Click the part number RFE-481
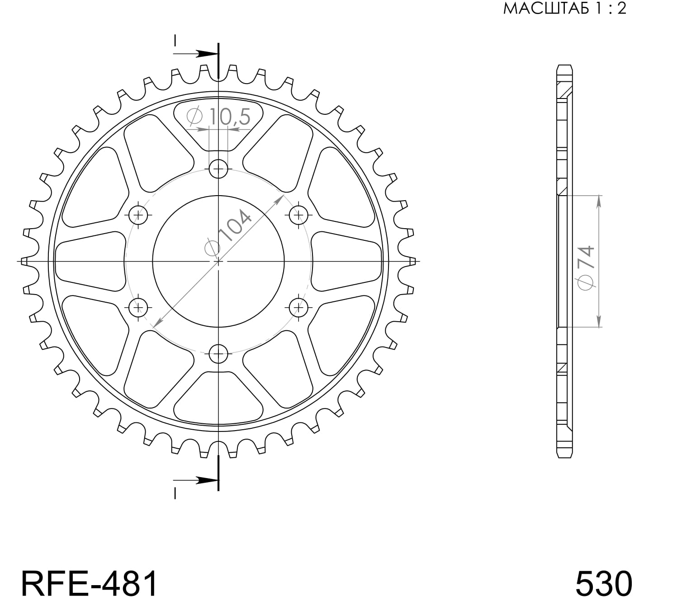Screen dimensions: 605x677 point(90,583)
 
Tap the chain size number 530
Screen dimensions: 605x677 point(603,583)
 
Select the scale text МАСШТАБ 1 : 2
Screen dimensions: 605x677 point(565,9)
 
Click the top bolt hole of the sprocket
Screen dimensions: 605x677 point(218,169)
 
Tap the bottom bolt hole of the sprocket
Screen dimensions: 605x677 point(218,353)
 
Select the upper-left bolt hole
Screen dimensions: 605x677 point(138,215)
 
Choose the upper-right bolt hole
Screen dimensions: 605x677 point(298,215)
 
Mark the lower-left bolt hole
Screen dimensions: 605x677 point(138,308)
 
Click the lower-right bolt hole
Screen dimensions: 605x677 point(298,308)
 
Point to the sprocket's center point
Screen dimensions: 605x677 point(218,261)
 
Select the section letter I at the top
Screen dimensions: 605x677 point(175,41)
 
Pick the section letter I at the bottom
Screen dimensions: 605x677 point(175,493)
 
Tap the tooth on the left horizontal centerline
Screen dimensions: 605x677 point(25,261)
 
